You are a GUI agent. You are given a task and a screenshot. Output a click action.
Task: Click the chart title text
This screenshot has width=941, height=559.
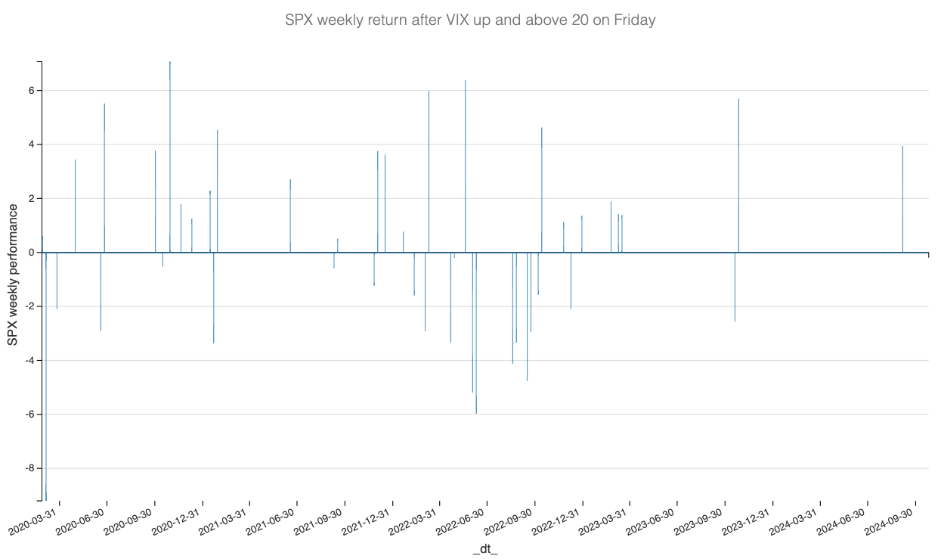tap(470, 20)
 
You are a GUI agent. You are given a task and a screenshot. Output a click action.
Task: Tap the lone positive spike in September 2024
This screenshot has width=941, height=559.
tap(902, 197)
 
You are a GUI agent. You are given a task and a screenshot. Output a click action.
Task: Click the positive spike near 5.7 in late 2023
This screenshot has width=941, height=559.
tap(738, 174)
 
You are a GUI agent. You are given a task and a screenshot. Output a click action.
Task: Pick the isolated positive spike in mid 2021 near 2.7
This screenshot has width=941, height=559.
tap(290, 216)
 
